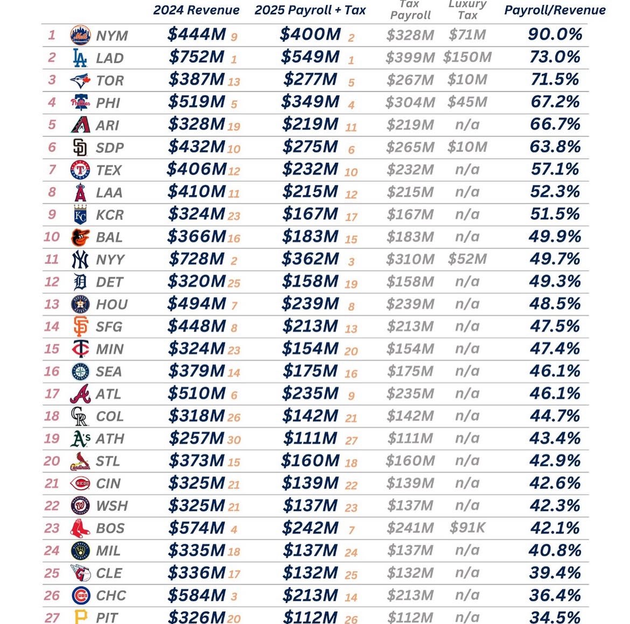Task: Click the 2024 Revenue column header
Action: coord(196,10)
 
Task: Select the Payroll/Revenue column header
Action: coord(555,10)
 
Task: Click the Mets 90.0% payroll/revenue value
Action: coord(555,34)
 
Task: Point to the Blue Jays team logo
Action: coord(80,81)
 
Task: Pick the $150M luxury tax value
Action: coord(467,57)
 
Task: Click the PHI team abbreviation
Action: coord(108,103)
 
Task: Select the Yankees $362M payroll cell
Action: coord(310,259)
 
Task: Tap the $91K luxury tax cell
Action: coord(467,528)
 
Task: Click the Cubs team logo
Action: coord(80,595)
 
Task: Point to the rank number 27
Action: coord(52,618)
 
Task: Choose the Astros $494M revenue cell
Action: coord(196,304)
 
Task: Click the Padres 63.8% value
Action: coord(555,147)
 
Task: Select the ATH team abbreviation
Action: coord(109,439)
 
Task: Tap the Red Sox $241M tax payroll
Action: coord(410,528)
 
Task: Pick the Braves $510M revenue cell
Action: coord(196,393)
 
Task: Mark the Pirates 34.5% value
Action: coord(555,618)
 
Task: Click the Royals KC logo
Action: coord(80,215)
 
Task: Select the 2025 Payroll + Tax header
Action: coord(310,10)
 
